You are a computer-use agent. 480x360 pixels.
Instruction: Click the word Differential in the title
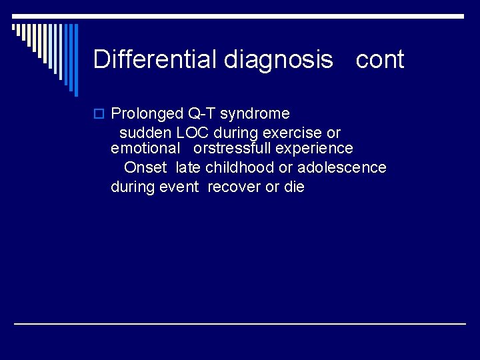(156, 59)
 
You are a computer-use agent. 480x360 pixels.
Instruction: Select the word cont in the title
(380, 60)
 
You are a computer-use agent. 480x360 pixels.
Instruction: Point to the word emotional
(145, 148)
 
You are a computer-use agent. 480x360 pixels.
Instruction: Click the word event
(179, 187)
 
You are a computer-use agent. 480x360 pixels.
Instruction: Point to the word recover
(234, 187)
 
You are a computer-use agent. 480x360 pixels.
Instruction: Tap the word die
(294, 187)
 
